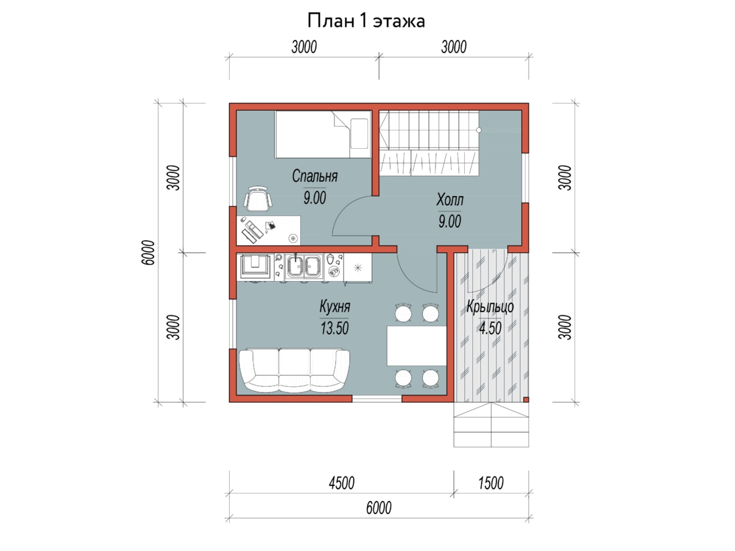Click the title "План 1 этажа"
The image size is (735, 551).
point(366,21)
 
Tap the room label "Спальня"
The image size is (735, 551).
point(314,176)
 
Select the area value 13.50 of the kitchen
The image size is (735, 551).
point(334,328)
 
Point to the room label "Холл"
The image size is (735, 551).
point(450,200)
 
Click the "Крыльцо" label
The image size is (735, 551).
point(490,307)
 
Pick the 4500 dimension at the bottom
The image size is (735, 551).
point(341,483)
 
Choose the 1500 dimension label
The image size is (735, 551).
point(491,483)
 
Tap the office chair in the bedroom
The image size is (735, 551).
point(257,199)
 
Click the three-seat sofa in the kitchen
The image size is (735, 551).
point(295,371)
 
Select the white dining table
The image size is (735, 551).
point(417,346)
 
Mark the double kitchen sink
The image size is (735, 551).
point(304,267)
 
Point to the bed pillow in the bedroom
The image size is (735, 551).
point(359,133)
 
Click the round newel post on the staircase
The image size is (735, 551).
point(479,130)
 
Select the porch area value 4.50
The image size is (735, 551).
point(490,328)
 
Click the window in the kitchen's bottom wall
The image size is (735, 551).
point(377,399)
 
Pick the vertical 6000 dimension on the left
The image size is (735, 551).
point(148,253)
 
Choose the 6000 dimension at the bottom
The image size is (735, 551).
point(379,508)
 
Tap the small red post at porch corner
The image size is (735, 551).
point(526,399)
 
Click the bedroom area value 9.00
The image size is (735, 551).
point(314,198)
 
